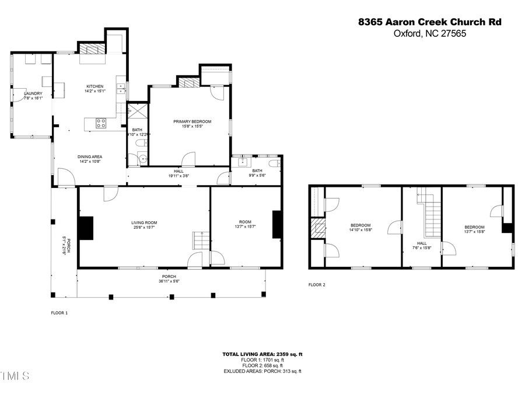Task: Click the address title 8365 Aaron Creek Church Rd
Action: [429, 22]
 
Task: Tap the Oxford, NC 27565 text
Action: [429, 33]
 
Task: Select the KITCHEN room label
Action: [94, 86]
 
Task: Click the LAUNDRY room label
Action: [33, 93]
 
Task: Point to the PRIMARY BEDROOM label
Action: [192, 121]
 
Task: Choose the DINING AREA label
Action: [90, 156]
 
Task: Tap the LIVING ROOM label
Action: [144, 222]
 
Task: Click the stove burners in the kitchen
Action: [101, 123]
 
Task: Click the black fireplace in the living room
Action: [86, 228]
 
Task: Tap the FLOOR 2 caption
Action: [317, 285]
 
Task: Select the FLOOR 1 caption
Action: [60, 313]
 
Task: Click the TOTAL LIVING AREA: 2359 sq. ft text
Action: [262, 354]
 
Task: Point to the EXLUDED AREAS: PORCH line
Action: [262, 371]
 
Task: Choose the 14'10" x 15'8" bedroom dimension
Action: [360, 231]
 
